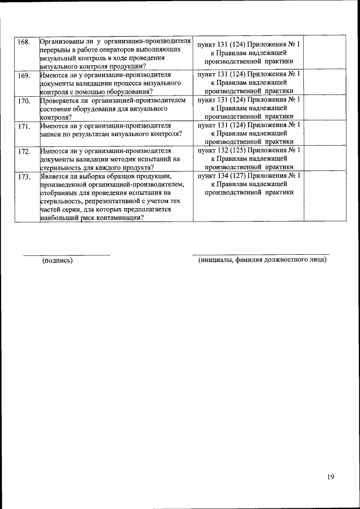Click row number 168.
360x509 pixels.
[x=24, y=43]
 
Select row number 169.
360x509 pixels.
[x=24, y=75]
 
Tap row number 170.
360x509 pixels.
[x=24, y=101]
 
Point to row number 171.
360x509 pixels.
[x=24, y=126]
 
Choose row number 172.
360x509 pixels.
[x=24, y=152]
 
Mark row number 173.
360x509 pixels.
[x=24, y=177]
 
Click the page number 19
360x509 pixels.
[x=330, y=477]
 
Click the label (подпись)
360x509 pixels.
[x=58, y=260]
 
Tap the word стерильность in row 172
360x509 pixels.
[x=62, y=168]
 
